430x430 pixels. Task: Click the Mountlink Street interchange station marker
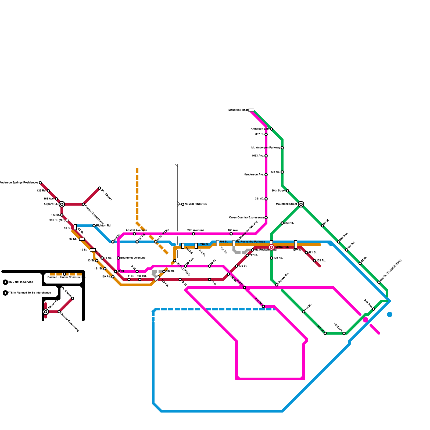(301, 204)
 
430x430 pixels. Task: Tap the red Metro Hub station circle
(271, 247)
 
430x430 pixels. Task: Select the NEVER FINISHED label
(196, 204)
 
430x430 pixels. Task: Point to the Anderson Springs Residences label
(19, 183)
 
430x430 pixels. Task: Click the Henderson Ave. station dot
(266, 175)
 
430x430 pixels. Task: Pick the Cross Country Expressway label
(246, 218)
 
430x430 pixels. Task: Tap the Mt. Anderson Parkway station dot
(282, 148)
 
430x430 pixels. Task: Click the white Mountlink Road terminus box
(251, 110)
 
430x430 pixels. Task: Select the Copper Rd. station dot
(277, 285)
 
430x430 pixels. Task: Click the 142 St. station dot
(304, 312)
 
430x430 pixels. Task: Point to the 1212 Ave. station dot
(344, 333)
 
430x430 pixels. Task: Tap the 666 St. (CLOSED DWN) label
(391, 270)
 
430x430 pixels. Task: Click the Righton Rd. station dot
(94, 226)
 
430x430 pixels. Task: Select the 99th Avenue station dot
(193, 234)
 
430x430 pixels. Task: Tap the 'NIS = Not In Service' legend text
(20, 282)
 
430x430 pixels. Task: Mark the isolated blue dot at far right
(390, 314)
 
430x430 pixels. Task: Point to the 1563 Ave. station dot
(266, 156)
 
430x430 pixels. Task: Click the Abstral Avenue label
(136, 230)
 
